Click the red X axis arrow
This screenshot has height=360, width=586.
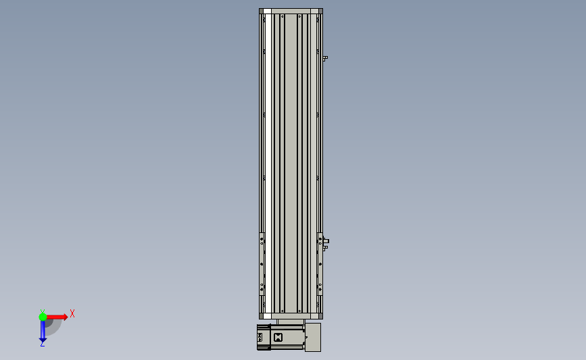click(x=57, y=317)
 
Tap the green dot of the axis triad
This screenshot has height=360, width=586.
click(x=43, y=317)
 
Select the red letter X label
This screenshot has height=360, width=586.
click(x=72, y=313)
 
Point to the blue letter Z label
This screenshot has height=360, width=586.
click(x=42, y=344)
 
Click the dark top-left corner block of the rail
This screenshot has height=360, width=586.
click(x=262, y=11)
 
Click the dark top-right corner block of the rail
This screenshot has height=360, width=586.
click(x=320, y=11)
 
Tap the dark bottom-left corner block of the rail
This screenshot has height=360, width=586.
click(x=262, y=316)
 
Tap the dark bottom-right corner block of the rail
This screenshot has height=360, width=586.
click(x=320, y=316)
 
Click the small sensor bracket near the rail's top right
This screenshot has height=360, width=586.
click(x=325, y=58)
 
